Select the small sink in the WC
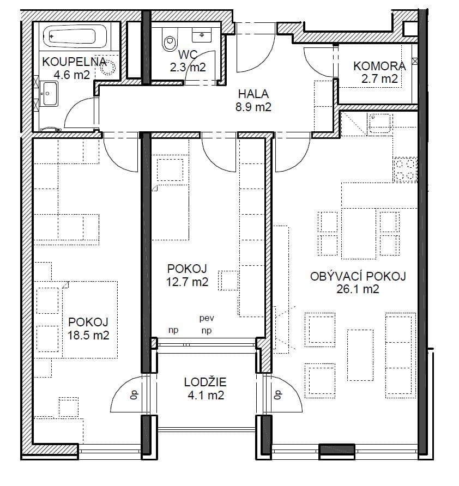pyautogui.click(x=202, y=35)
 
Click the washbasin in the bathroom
pyautogui.click(x=50, y=94)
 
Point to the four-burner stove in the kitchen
pyautogui.click(x=405, y=169)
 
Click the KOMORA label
pyautogui.click(x=379, y=66)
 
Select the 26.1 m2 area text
pyautogui.click(x=358, y=289)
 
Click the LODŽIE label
pyautogui.click(x=205, y=382)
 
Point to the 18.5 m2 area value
pyautogui.click(x=88, y=336)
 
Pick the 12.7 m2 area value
pyautogui.click(x=187, y=282)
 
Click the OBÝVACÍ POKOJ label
pyautogui.click(x=358, y=276)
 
